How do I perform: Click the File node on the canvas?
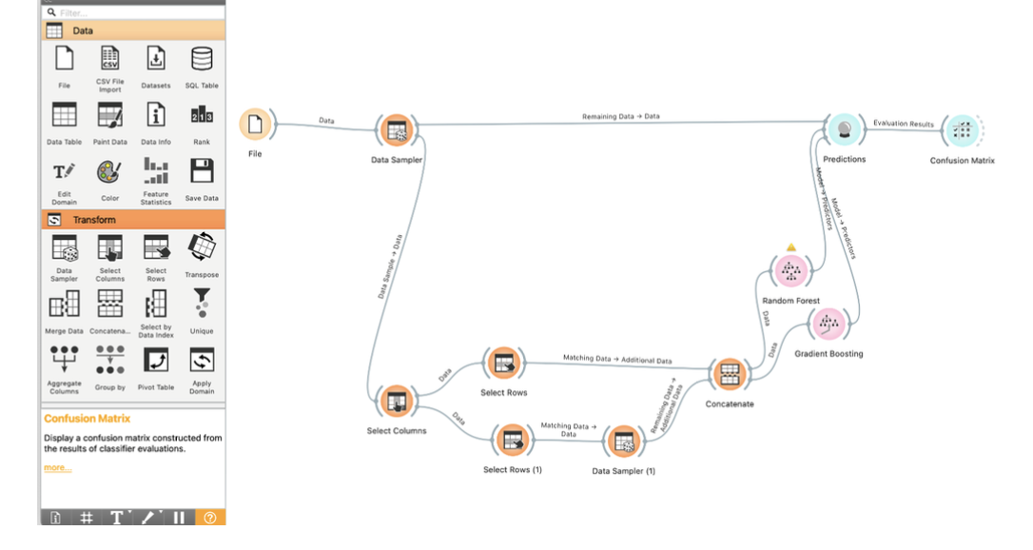[255, 125]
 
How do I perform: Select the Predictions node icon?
[844, 130]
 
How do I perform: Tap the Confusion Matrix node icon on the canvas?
[962, 131]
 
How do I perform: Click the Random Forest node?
[790, 271]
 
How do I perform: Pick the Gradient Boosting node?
[828, 324]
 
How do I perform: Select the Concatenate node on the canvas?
[729, 374]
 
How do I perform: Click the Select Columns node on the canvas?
[396, 401]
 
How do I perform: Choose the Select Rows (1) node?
[513, 440]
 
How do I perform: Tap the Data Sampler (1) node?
[624, 442]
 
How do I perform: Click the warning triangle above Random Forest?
[790, 247]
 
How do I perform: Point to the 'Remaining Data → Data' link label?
[620, 116]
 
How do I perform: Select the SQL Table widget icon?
[202, 59]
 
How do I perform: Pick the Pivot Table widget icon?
[156, 361]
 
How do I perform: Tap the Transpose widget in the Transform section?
[202, 248]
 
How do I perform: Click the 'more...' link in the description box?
[57, 467]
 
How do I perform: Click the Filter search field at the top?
[133, 12]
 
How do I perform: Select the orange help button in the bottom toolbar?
[209, 518]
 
